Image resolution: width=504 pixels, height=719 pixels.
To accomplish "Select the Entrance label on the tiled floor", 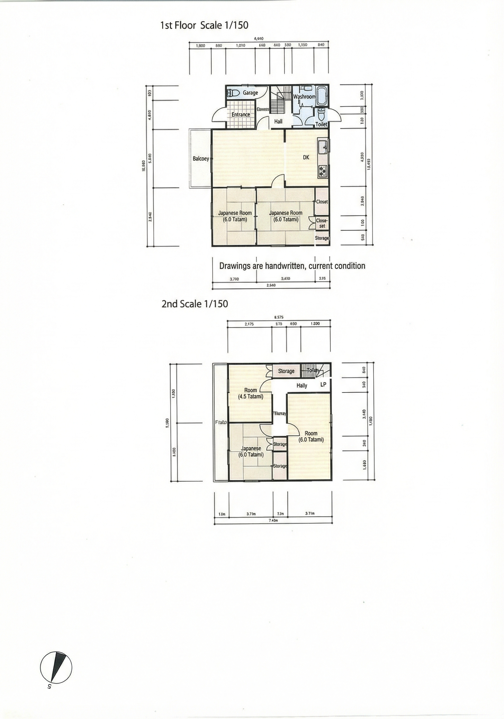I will pos(241,115).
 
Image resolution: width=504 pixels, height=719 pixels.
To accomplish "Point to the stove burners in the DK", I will pos(322,171).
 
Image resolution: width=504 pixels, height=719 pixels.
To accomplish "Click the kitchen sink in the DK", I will pos(322,146).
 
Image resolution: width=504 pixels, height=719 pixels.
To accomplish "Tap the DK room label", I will pos(306,157).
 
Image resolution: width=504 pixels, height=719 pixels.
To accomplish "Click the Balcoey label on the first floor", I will pos(201,159).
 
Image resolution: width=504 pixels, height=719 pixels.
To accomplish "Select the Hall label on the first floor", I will pos(278,121).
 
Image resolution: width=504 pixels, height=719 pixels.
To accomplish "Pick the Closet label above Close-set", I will pos(322,202).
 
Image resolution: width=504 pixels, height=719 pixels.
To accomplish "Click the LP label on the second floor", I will pos(323,384).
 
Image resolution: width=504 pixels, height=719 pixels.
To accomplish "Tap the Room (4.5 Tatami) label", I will pos(251,393).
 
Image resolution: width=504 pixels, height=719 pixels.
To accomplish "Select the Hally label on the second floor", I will pos(302,385).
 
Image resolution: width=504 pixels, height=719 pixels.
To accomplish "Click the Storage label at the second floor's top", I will pos(286,371).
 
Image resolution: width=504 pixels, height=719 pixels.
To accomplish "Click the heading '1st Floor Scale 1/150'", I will pos(204,25).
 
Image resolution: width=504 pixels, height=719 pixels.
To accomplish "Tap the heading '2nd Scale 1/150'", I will pos(195,303).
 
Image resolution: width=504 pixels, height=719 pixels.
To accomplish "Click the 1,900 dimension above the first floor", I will pos(200,46).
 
